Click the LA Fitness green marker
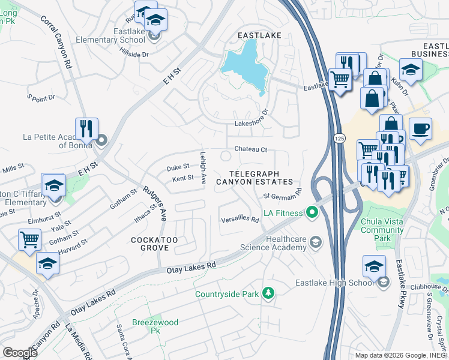(312, 212)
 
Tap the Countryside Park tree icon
(269, 293)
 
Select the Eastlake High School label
(334, 283)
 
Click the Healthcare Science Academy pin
(316, 242)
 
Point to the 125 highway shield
(339, 139)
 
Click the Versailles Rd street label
(240, 220)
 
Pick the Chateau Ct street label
(250, 149)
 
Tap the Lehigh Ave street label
(203, 167)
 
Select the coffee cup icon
(420, 128)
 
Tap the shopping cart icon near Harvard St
(29, 239)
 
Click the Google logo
(20, 353)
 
